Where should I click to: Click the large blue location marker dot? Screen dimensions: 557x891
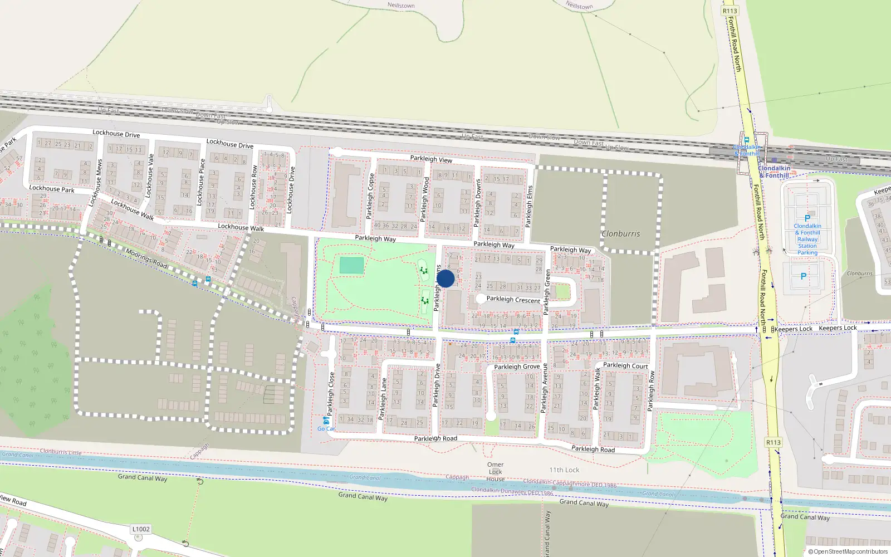click(445, 278)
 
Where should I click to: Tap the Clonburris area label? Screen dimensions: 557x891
click(621, 234)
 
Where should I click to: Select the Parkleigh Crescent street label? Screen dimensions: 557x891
click(513, 300)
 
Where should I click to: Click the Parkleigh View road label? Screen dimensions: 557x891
click(431, 159)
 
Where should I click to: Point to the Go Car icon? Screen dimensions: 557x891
click(326, 421)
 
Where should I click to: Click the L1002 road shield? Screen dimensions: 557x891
click(141, 529)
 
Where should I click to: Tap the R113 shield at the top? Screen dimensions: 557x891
click(730, 11)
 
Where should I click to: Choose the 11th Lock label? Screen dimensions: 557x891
click(564, 470)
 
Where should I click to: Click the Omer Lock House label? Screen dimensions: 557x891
click(495, 472)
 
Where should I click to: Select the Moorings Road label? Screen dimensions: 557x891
click(146, 259)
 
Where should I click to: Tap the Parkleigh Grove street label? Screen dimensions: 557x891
click(517, 367)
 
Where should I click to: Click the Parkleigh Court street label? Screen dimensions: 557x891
click(625, 366)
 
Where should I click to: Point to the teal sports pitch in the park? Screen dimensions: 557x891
click(351, 265)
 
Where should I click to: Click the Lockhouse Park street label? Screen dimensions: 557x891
click(51, 189)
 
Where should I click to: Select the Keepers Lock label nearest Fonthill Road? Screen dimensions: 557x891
click(794, 329)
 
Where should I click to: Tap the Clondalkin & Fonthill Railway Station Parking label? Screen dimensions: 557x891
click(807, 240)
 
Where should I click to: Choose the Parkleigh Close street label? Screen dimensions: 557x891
click(331, 393)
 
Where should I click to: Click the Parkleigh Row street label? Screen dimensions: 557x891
click(651, 391)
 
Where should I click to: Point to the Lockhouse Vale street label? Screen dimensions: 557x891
click(149, 176)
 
